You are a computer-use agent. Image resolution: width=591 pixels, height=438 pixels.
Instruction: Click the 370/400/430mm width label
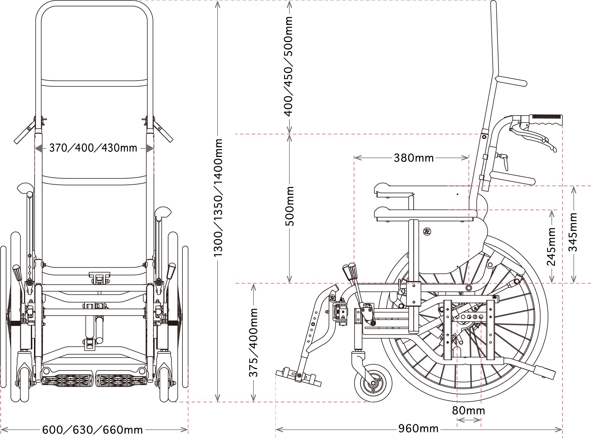[93, 148]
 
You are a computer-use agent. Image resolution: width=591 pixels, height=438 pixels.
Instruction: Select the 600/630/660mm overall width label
[93, 430]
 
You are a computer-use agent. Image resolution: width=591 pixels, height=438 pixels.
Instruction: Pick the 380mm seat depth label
[414, 158]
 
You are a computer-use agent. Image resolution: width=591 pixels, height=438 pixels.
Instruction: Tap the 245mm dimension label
[551, 246]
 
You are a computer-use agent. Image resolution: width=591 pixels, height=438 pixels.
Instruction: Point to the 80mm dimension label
[469, 411]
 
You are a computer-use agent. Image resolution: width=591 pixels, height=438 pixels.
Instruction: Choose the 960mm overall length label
[419, 429]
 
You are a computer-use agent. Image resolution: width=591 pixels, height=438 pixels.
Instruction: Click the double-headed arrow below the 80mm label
[469, 420]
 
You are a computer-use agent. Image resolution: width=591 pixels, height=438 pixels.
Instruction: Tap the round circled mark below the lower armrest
[427, 230]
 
